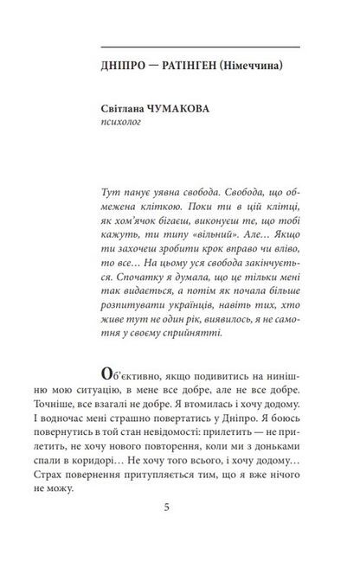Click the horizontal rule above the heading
200,46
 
